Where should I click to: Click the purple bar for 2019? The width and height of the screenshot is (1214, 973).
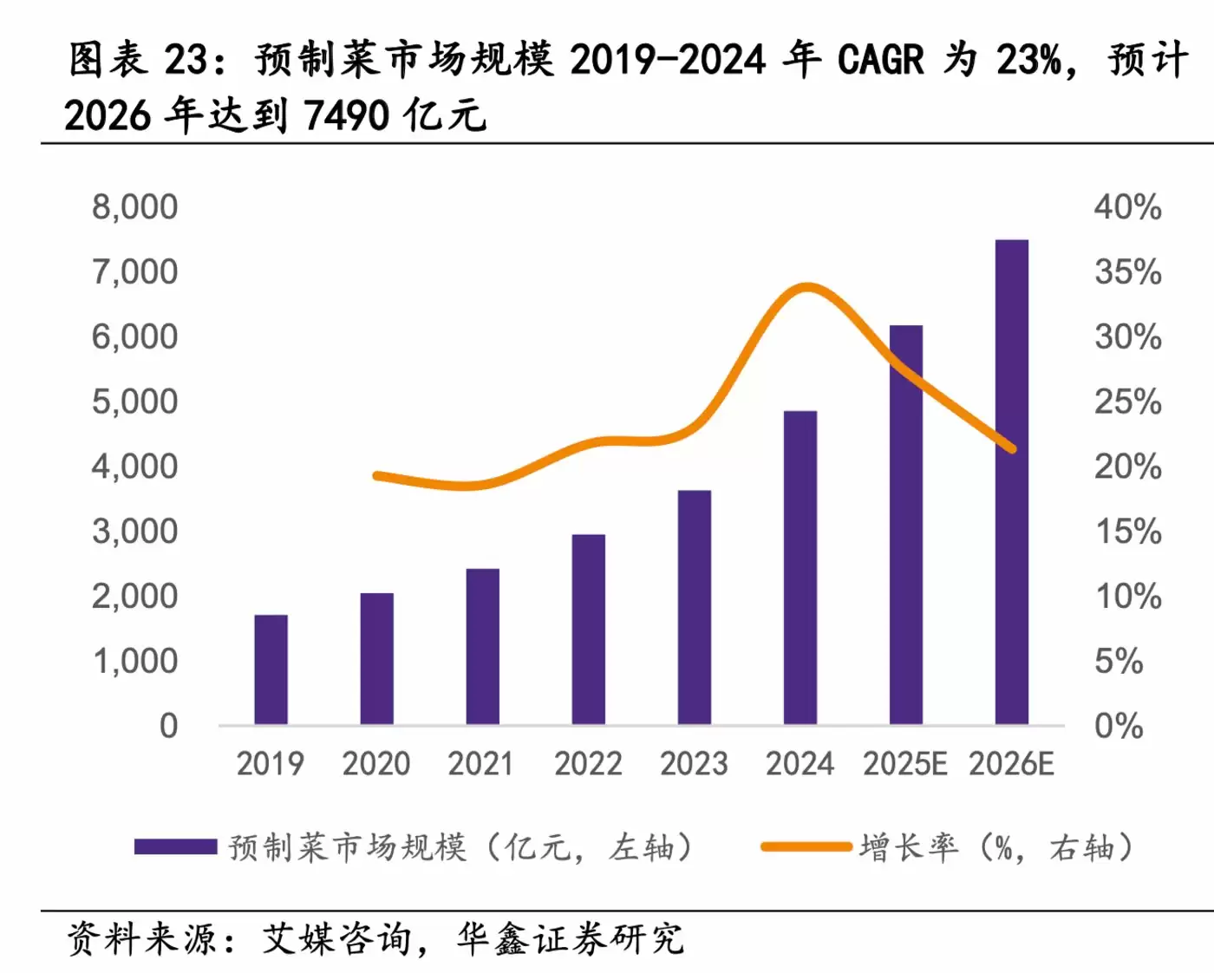click(271, 669)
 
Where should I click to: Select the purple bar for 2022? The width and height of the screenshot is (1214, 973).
click(588, 630)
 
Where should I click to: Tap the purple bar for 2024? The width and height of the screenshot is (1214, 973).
click(800, 568)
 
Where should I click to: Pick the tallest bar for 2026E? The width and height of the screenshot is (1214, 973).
click(1011, 482)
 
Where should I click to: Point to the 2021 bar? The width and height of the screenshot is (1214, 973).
click(482, 647)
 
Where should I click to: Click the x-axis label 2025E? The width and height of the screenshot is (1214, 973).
click(904, 764)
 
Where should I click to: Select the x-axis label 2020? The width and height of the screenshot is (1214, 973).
click(375, 764)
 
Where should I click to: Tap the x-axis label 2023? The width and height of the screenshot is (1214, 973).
click(694, 764)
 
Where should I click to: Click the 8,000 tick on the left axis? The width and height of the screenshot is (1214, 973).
click(134, 207)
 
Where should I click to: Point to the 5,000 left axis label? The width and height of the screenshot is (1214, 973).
click(134, 402)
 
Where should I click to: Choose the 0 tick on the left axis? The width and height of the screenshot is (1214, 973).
click(168, 726)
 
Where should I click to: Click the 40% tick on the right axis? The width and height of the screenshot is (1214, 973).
click(1127, 207)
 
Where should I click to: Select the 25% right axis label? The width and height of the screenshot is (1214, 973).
click(1127, 402)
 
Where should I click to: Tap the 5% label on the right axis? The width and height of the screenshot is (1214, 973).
click(1119, 662)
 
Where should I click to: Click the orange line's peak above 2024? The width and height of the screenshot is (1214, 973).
click(807, 287)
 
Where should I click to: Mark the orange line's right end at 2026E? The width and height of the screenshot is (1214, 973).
click(1011, 448)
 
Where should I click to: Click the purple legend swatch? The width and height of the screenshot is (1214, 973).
click(175, 846)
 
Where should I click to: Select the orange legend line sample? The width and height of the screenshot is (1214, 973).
click(806, 846)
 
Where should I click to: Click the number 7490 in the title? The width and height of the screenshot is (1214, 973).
click(347, 115)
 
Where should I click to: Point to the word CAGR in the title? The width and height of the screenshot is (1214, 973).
click(880, 60)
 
